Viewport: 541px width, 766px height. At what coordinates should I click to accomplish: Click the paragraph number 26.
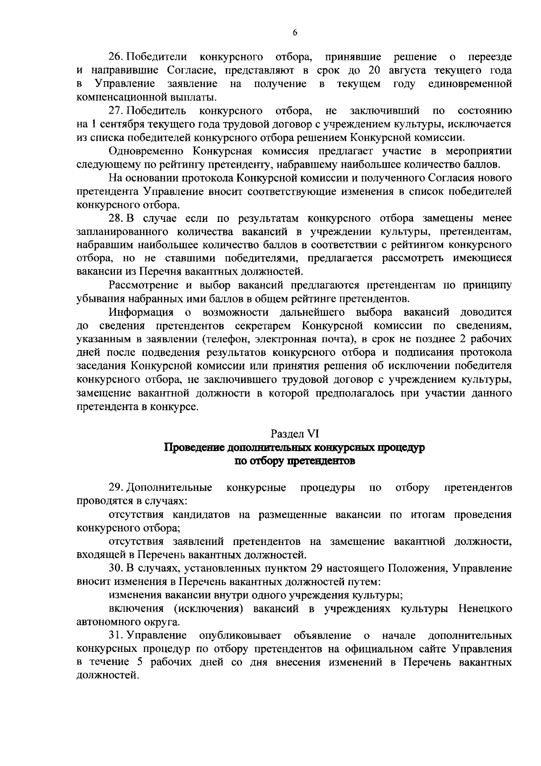tap(116, 57)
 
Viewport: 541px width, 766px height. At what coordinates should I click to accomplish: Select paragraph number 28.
tap(116, 218)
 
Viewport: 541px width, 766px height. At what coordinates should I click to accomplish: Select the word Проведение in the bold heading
tap(194, 448)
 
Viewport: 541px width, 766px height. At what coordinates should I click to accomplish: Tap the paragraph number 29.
tap(116, 488)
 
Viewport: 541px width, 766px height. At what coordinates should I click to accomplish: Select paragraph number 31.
tap(116, 636)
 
